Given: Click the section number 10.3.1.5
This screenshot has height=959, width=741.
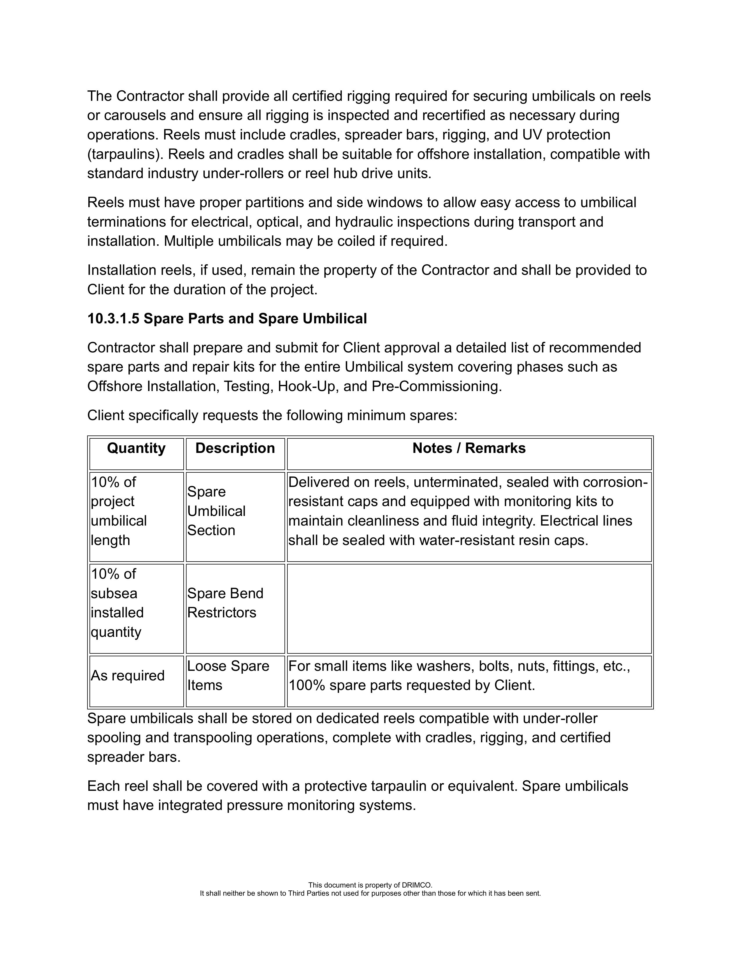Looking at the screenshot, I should (x=113, y=319).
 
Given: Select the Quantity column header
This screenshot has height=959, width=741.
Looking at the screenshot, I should (x=136, y=448).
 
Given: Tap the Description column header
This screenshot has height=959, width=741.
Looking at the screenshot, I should (x=235, y=448).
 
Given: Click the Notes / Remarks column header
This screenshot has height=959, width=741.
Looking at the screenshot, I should (x=469, y=448).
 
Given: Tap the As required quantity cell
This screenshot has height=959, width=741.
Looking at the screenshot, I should (x=127, y=675).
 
